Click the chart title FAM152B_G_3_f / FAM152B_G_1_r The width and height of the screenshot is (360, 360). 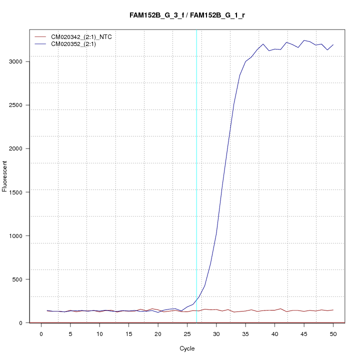coord(186,15)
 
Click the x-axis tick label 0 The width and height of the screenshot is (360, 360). coord(41,333)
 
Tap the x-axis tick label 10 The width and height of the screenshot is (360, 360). coord(99,333)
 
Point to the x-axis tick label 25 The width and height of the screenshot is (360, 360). coord(187,333)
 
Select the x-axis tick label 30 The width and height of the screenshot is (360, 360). coord(216,333)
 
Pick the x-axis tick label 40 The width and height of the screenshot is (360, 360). coord(274,333)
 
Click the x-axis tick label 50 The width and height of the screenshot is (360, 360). coord(333,333)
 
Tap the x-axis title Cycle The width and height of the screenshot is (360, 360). coord(186,348)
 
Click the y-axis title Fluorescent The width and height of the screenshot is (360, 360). coord(5,176)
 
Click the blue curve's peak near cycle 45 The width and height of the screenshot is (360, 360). coord(304,40)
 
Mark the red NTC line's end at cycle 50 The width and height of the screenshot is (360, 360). coord(333,310)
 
